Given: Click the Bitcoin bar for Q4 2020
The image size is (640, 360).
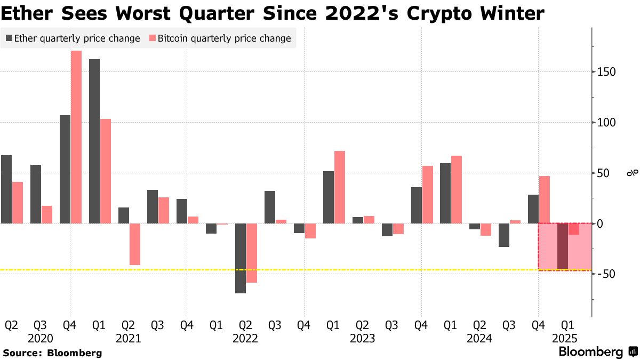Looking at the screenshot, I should pyautogui.click(x=76, y=137).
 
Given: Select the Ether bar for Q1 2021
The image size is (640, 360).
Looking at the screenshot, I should pyautogui.click(x=94, y=141).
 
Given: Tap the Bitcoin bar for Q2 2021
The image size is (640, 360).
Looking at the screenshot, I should pyautogui.click(x=135, y=244).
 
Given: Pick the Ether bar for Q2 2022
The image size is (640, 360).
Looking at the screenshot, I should pyautogui.click(x=241, y=258).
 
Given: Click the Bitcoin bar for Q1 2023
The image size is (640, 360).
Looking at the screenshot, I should pyautogui.click(x=339, y=187).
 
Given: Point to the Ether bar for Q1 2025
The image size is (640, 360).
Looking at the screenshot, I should pyautogui.click(x=562, y=246).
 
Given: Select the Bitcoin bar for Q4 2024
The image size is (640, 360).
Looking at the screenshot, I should pyautogui.click(x=544, y=199).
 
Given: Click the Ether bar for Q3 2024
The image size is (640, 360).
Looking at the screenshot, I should pyautogui.click(x=504, y=235).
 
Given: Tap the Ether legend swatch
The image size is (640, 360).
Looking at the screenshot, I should pyautogui.click(x=10, y=38).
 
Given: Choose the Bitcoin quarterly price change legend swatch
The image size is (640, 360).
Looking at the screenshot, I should pyautogui.click(x=153, y=38).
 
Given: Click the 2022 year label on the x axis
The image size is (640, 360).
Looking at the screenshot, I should pyautogui.click(x=245, y=338).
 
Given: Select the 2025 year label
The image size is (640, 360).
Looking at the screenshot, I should pyautogui.click(x=567, y=338).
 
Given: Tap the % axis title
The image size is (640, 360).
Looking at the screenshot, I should pyautogui.click(x=632, y=173).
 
